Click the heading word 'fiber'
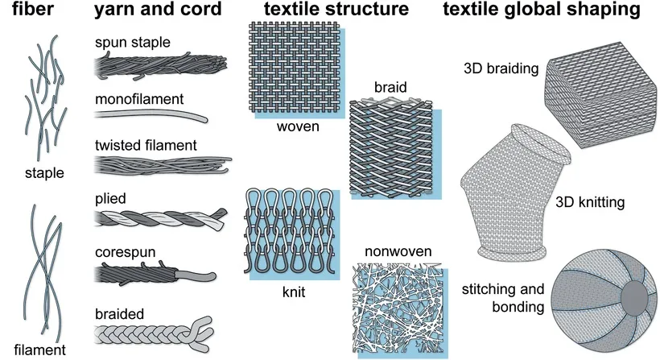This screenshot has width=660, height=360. pyautogui.click(x=27, y=10)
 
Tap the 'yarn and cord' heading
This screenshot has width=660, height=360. pyautogui.click(x=153, y=10)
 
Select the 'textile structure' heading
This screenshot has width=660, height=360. pyautogui.click(x=325, y=10)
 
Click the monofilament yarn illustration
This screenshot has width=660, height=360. pyautogui.click(x=153, y=116)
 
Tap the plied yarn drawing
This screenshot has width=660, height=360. pyautogui.click(x=153, y=218)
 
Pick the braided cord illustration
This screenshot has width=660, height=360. pyautogui.click(x=153, y=332)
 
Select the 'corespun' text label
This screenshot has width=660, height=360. pyautogui.click(x=121, y=253)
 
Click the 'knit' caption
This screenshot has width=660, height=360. pyautogui.click(x=295, y=292)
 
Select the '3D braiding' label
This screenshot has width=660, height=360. pyautogui.click(x=501, y=68)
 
